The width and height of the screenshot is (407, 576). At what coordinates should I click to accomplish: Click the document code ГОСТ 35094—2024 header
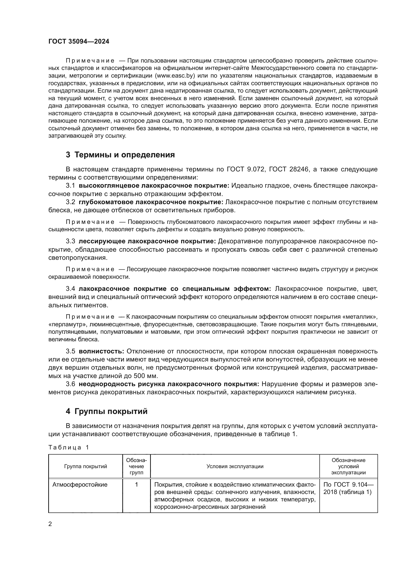coord(79,41)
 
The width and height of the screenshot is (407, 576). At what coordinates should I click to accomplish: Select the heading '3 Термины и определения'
coord(120,155)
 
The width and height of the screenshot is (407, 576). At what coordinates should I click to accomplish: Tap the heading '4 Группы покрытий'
coord(107,411)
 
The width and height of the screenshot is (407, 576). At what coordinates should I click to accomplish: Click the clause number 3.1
coord(70,186)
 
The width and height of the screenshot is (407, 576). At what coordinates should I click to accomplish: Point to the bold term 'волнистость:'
coord(101,351)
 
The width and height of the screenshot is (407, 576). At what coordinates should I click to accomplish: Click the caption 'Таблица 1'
coord(69,447)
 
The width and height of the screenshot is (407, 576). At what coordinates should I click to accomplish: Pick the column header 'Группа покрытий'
coord(85,466)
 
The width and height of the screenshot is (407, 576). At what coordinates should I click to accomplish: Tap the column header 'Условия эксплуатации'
coord(235,466)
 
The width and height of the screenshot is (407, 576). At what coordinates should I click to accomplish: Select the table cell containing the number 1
coord(137,485)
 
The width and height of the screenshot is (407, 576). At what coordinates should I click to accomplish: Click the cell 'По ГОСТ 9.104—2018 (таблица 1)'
coord(348,488)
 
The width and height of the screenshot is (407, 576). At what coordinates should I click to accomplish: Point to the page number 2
coord(50,524)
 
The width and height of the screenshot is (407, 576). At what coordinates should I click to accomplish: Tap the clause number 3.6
coord(70,384)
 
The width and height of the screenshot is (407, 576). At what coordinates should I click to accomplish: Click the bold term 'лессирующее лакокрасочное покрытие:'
coord(147,241)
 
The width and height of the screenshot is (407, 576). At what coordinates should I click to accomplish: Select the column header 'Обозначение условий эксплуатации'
coord(348,466)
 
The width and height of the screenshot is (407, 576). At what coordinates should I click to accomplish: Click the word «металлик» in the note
coord(361,317)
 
